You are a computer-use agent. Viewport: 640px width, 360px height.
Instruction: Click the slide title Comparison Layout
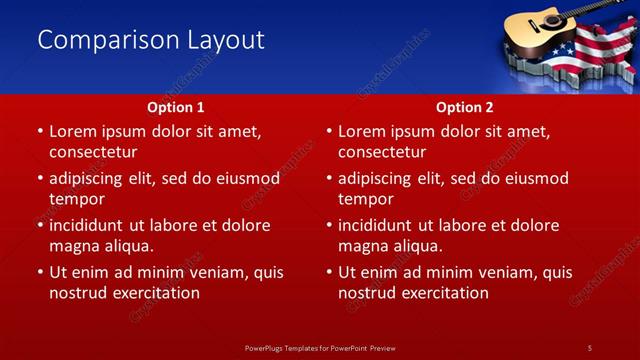click(x=151, y=40)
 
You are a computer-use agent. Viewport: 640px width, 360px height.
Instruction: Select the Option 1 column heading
click(x=176, y=107)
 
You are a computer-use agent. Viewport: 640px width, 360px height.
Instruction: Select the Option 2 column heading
click(x=465, y=107)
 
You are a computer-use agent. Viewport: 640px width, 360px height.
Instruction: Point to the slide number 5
click(x=590, y=347)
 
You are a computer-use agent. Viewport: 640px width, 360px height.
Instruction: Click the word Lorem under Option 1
click(x=73, y=131)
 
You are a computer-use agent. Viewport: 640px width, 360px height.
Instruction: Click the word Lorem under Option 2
click(x=362, y=131)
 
